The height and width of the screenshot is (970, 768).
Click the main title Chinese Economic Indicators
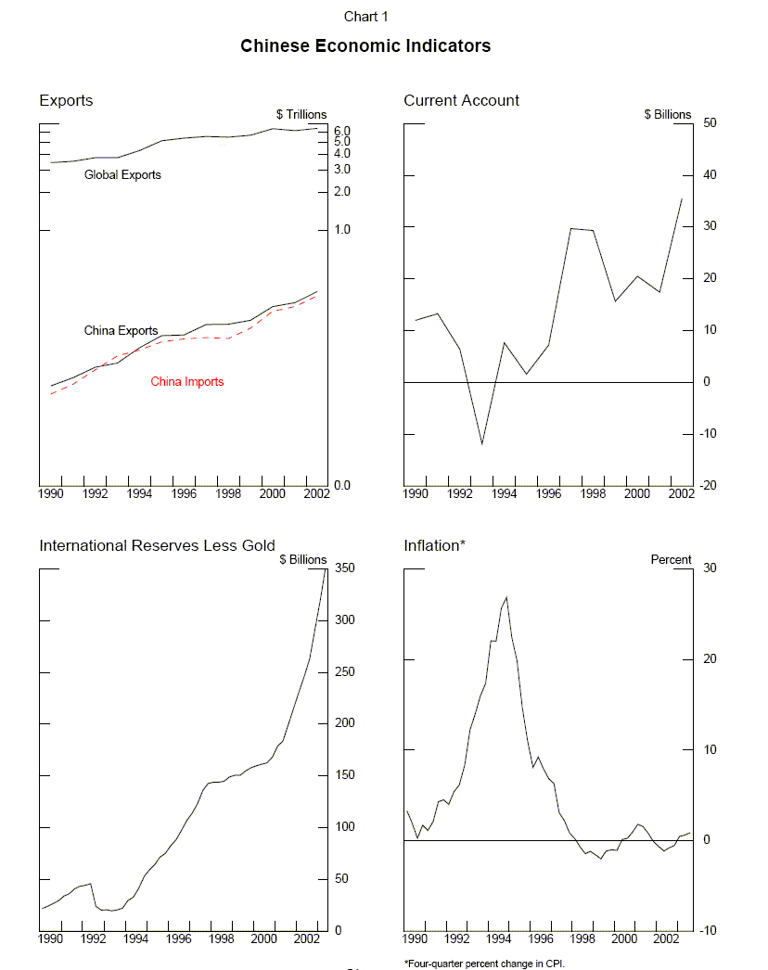[365, 45]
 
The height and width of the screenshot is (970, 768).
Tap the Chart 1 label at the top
[365, 16]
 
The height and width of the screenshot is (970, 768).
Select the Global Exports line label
[122, 174]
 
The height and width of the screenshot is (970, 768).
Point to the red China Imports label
[187, 381]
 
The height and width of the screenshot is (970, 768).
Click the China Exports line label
[121, 330]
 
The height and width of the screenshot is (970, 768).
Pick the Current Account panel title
[461, 100]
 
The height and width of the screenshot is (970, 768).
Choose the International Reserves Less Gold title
[157, 545]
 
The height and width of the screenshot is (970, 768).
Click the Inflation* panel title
[434, 545]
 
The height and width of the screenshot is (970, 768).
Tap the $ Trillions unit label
[301, 114]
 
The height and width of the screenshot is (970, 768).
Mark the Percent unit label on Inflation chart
[671, 559]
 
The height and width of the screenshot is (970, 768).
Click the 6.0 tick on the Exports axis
[341, 131]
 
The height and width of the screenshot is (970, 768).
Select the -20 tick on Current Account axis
[710, 486]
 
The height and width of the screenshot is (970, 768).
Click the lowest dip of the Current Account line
[481, 444]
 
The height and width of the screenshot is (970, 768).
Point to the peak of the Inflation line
[506, 597]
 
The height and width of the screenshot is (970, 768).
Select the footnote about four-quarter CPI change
[484, 964]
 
